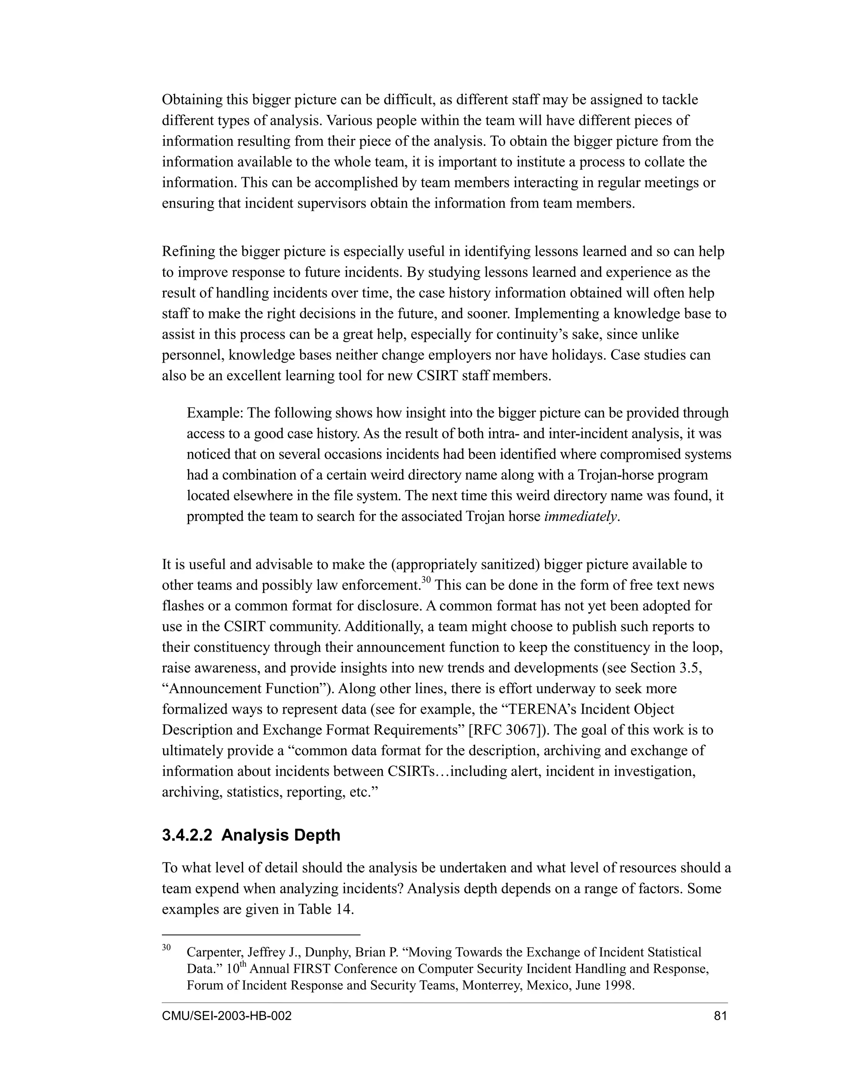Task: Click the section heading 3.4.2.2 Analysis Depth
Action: tap(251, 836)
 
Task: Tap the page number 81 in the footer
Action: tap(720, 1016)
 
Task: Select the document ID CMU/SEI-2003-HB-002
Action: tap(227, 1016)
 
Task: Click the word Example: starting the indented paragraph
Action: tap(215, 413)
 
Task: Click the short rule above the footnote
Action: tap(260, 934)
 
